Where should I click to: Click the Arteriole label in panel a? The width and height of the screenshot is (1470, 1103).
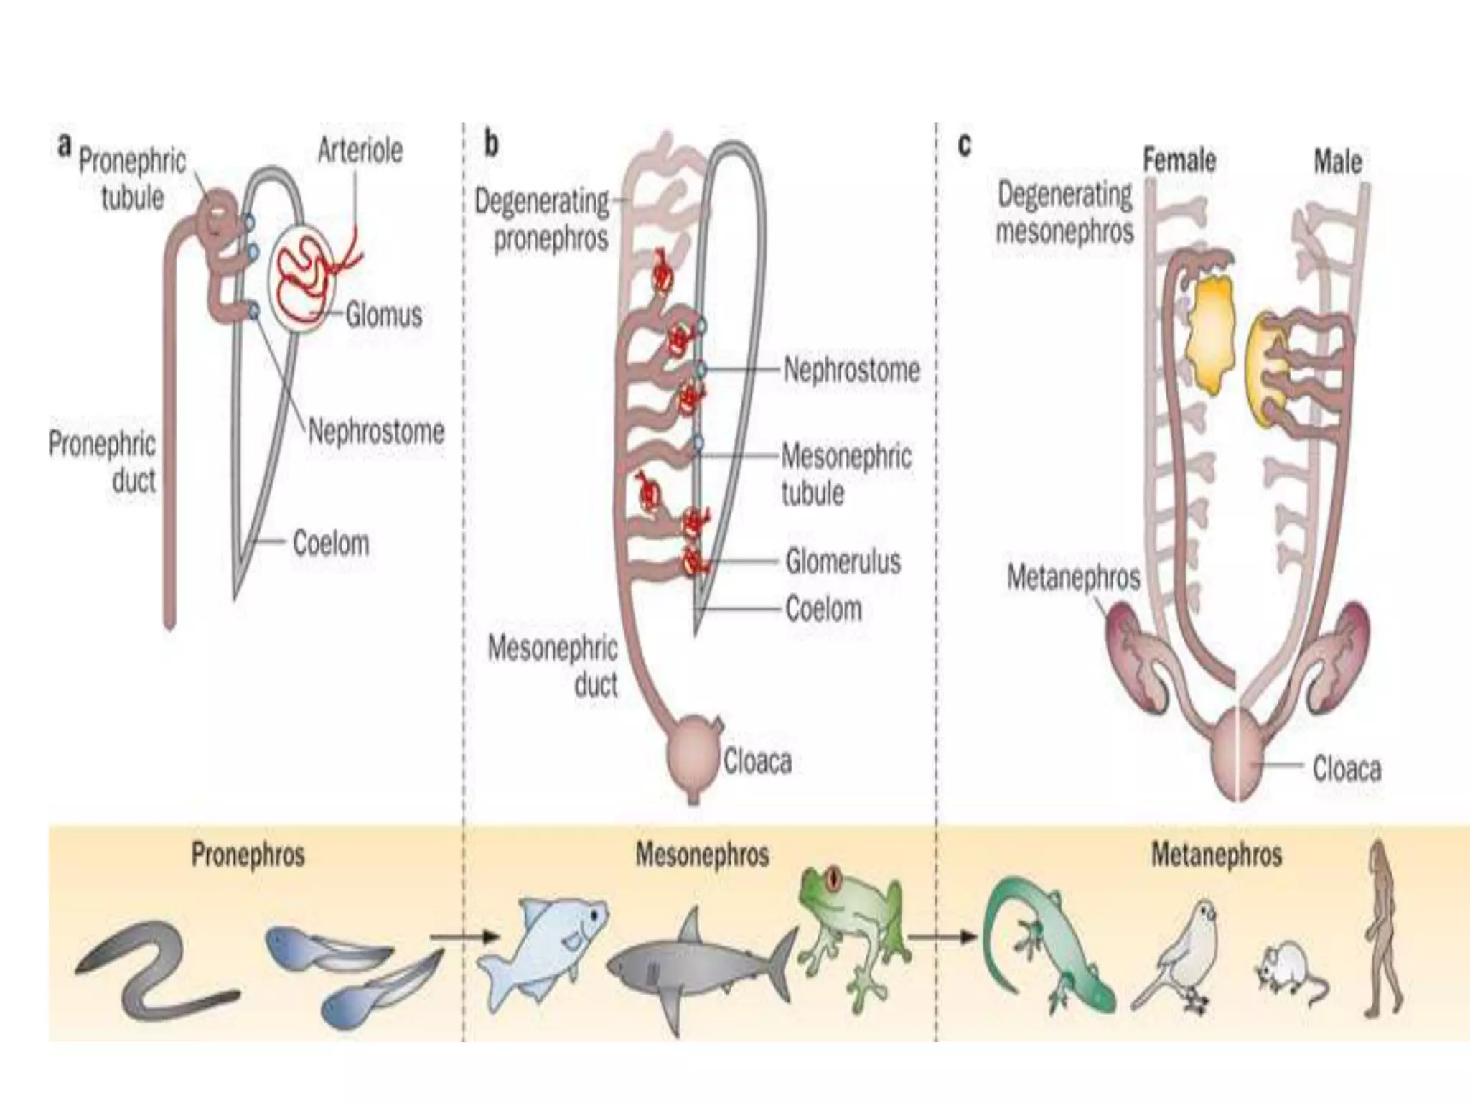click(x=360, y=151)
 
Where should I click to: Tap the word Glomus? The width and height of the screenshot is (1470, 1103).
click(x=383, y=315)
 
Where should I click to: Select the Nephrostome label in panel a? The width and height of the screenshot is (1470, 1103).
click(x=376, y=432)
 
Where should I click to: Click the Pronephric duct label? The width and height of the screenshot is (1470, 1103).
click(x=103, y=462)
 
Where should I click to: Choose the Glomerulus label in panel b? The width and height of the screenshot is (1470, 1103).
click(x=843, y=561)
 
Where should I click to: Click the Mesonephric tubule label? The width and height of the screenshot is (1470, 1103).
click(x=846, y=474)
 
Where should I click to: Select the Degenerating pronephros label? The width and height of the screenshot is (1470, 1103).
click(x=543, y=219)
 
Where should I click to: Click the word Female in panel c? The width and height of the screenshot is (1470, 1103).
click(x=1179, y=159)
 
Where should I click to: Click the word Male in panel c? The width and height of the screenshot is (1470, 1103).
click(x=1337, y=161)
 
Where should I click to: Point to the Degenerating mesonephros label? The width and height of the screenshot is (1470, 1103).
click(x=1064, y=213)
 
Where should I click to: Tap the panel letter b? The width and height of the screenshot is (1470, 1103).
click(x=492, y=144)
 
